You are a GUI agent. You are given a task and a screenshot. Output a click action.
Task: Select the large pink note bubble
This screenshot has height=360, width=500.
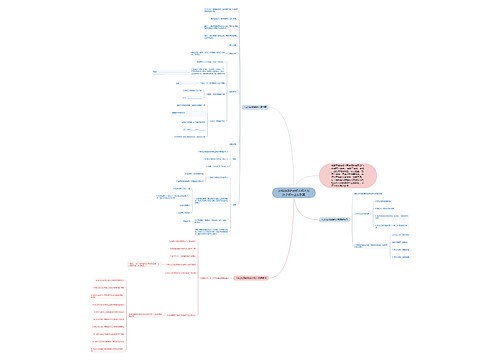(x=348, y=176)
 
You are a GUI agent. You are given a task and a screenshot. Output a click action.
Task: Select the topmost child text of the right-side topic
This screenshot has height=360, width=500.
(x=389, y=201)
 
